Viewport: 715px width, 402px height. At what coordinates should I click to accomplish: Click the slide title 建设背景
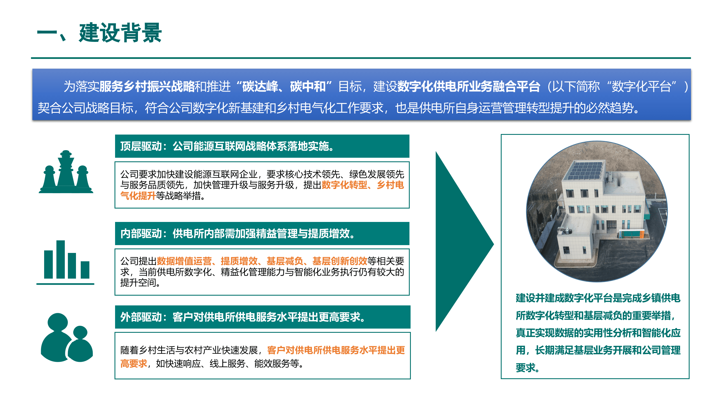coord(120,33)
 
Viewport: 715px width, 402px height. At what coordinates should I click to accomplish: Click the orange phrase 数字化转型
coord(344,185)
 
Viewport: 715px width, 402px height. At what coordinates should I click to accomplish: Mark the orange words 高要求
coord(134,363)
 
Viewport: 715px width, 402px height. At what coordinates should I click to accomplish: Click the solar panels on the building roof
coord(585,170)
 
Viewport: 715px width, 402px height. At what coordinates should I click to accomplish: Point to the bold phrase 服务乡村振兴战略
coord(147,87)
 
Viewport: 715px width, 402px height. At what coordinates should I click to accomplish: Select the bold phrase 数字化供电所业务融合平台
coord(468,87)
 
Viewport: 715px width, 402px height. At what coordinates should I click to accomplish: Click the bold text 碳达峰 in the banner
coord(260,87)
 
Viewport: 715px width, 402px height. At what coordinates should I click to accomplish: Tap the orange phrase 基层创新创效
coord(340,261)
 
